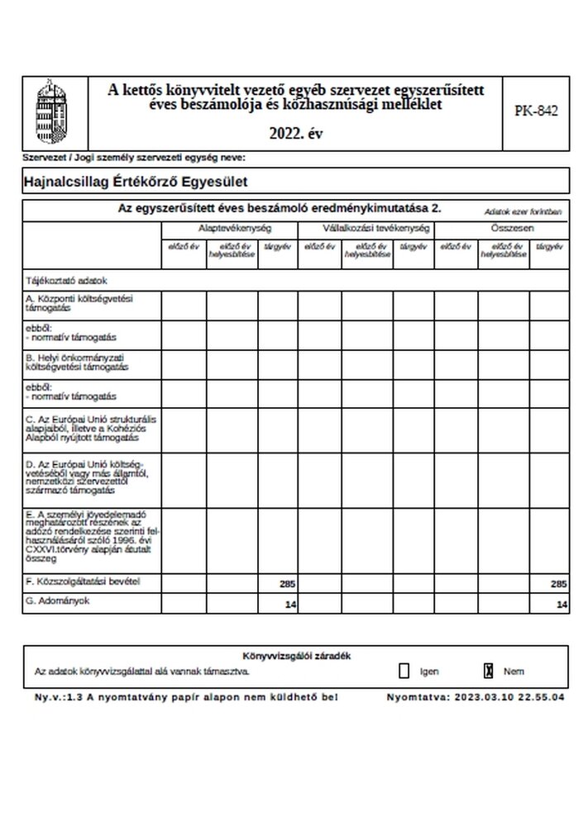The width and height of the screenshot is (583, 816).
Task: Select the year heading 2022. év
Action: (296, 133)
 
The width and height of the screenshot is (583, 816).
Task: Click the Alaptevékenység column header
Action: (229, 227)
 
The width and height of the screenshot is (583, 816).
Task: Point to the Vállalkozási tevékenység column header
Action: (364, 227)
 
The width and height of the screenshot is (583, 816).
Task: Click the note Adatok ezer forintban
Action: (523, 211)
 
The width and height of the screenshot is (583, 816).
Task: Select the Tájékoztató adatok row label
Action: (67, 281)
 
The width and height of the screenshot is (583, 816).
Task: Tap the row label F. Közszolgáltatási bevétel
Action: (83, 582)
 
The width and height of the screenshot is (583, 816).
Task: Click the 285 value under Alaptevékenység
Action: (287, 584)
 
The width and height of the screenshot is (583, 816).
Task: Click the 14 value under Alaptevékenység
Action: (289, 605)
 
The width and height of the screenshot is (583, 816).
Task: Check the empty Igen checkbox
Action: (404, 671)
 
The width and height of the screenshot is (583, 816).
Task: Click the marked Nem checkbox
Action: (489, 671)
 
